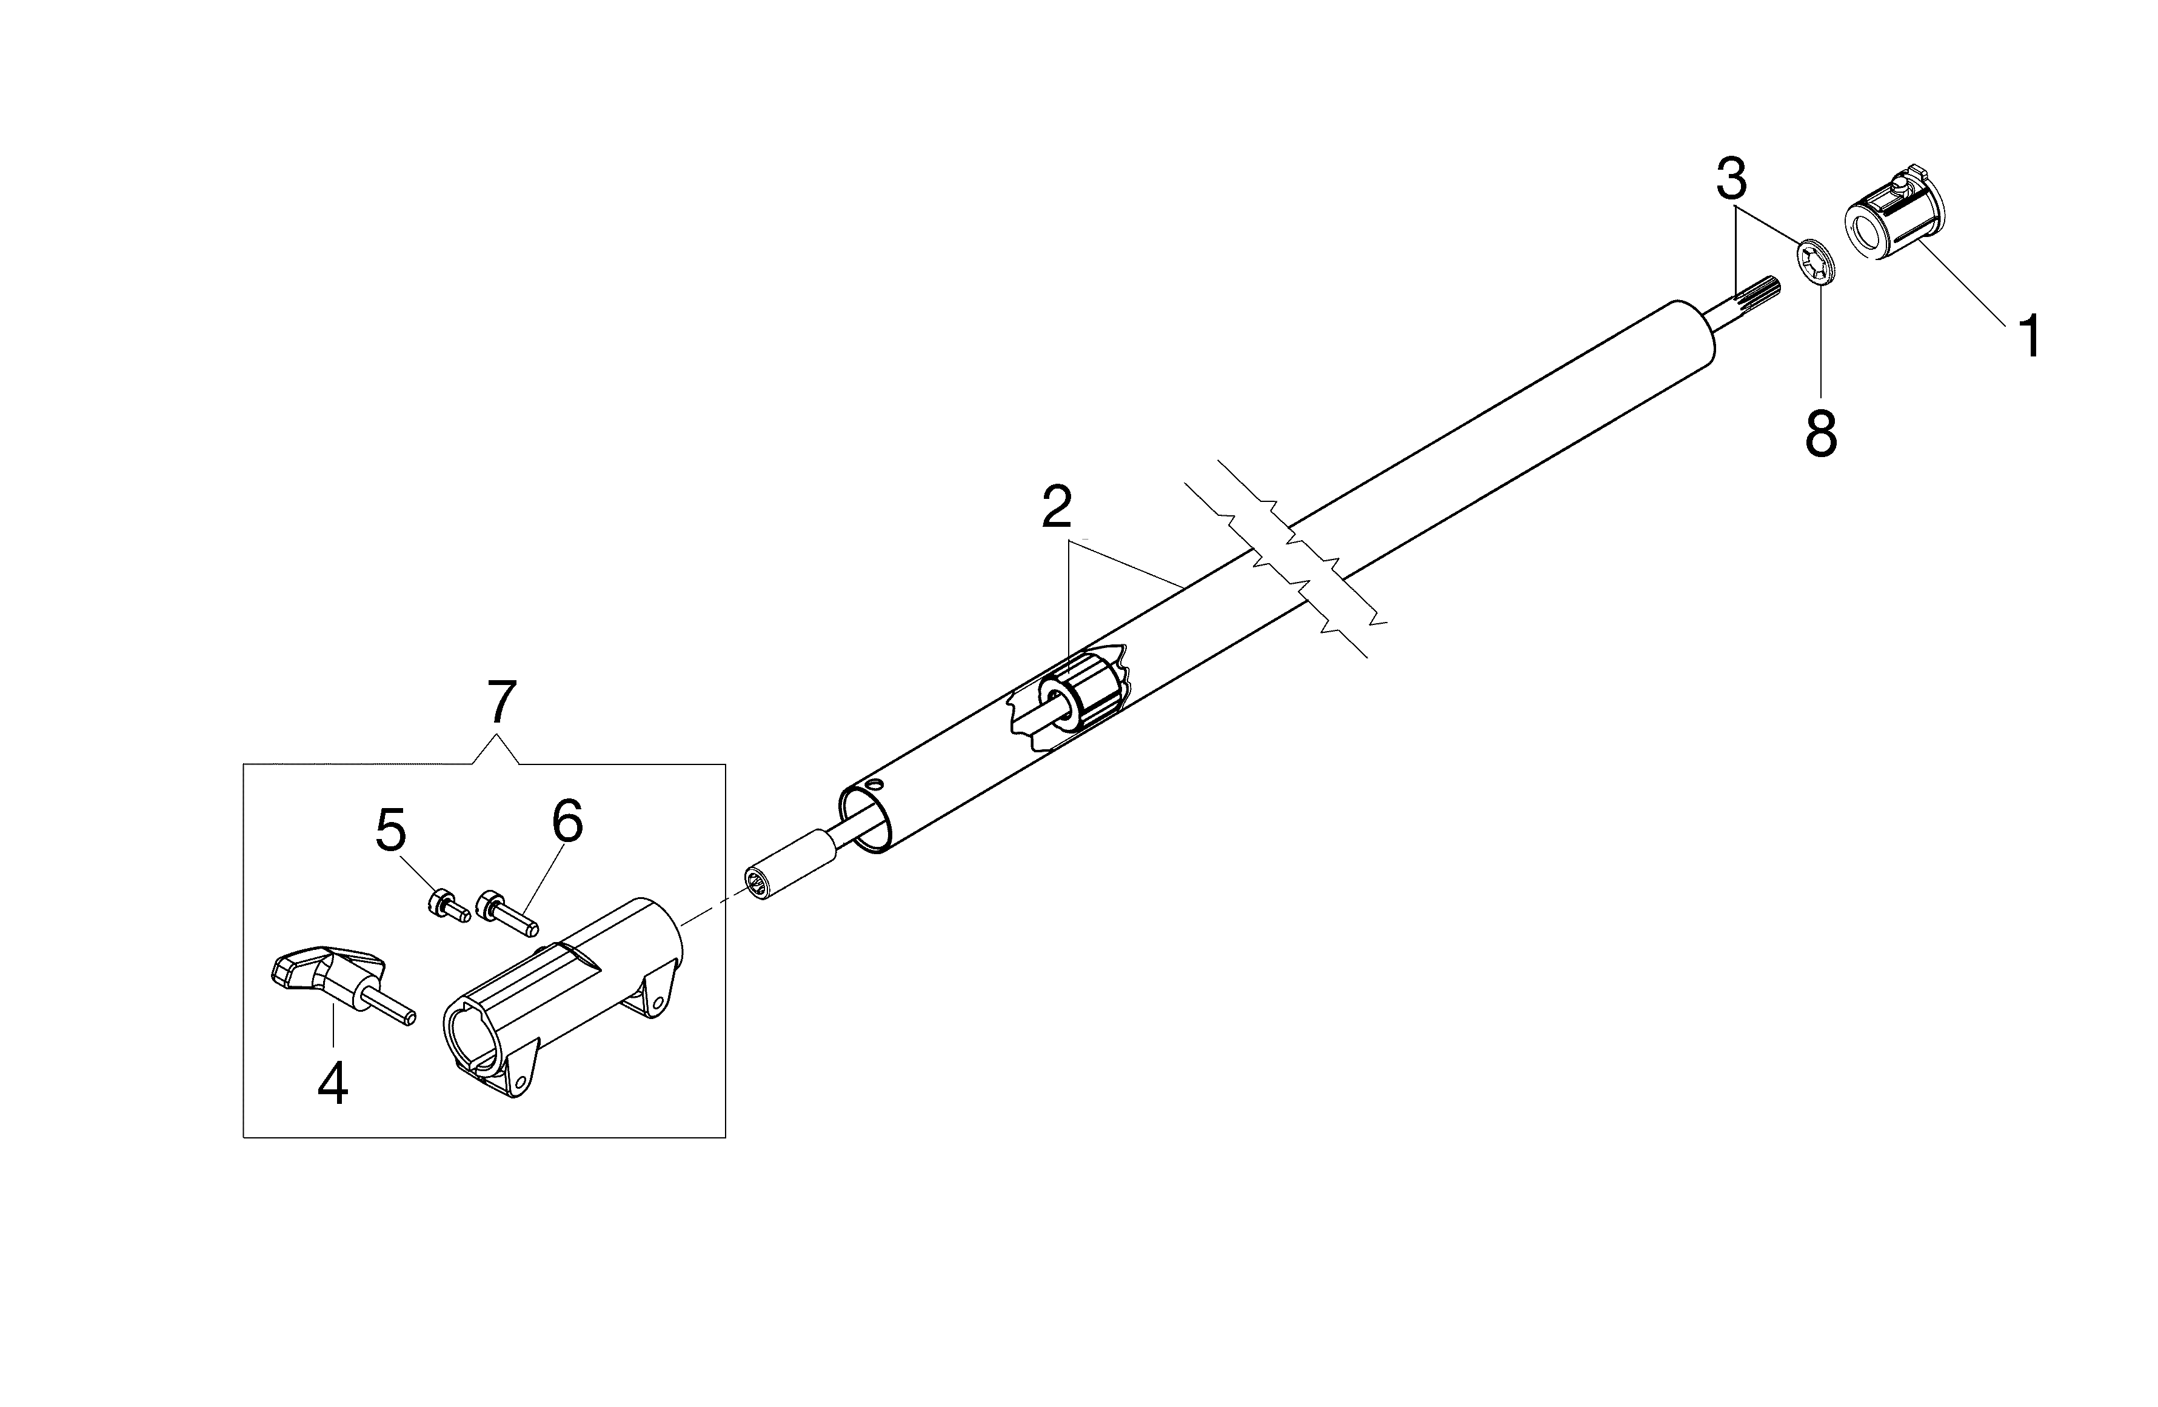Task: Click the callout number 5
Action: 391,831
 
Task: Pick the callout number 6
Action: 567,821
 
